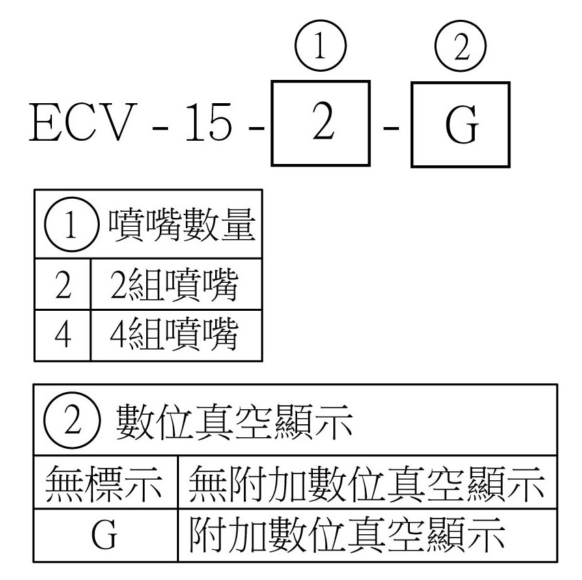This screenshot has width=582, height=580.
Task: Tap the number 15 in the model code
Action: point(209,124)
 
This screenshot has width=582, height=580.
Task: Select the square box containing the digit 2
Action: point(320,123)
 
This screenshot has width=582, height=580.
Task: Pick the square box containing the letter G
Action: point(460,124)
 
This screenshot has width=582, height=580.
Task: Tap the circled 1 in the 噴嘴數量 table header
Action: point(69,227)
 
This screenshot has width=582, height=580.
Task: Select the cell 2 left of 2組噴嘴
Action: point(62,285)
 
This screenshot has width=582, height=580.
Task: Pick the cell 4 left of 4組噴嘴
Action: point(62,335)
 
